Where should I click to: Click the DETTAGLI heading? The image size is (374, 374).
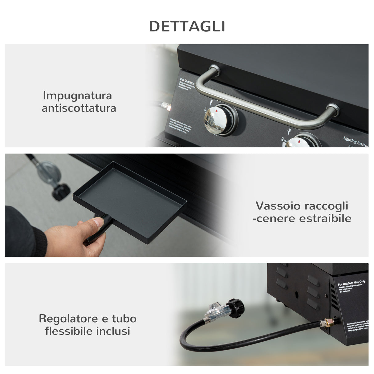tap(187, 26)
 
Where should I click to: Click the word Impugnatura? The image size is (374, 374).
tap(77, 96)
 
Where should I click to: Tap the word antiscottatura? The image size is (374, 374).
tap(79, 108)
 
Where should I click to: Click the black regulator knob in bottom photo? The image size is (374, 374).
tap(236, 308)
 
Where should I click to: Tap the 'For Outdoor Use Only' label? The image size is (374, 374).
tap(351, 282)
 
